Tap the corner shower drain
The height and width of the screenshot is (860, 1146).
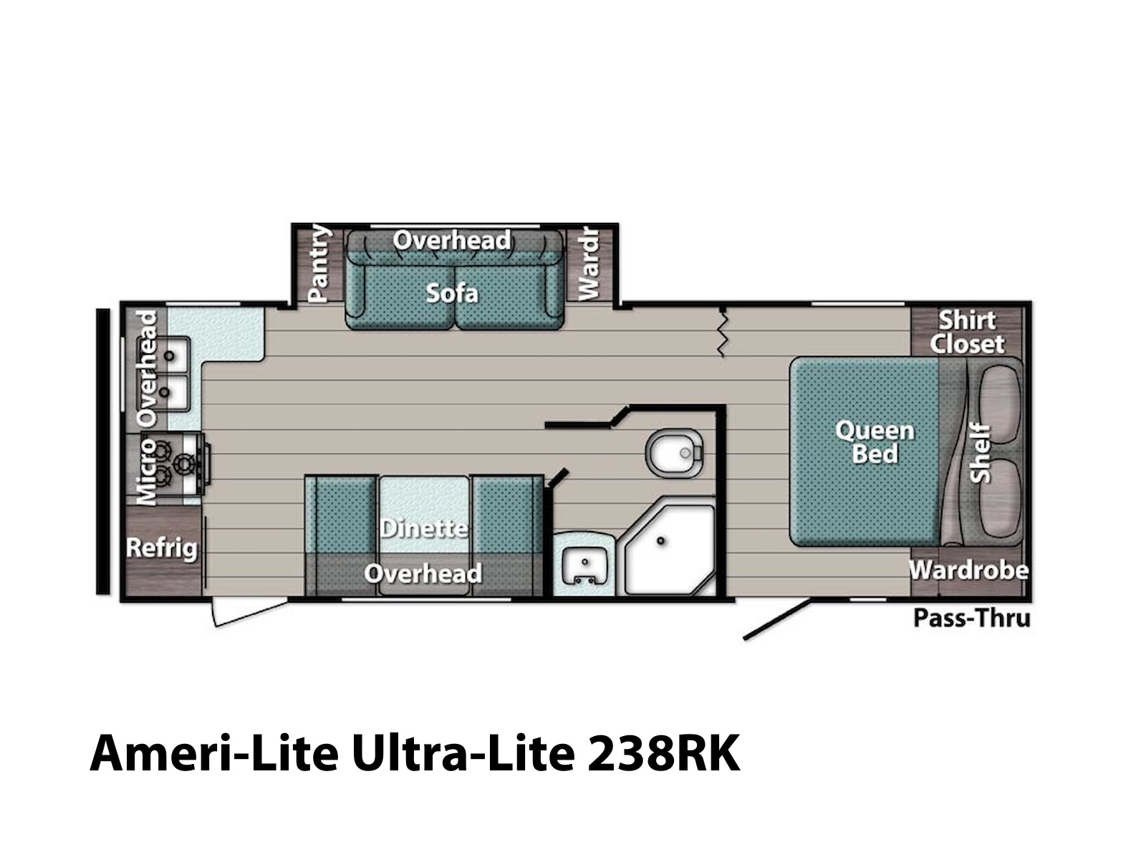tap(661, 540)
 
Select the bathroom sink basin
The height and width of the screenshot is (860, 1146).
tap(584, 565)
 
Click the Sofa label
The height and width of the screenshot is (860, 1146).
tap(452, 293)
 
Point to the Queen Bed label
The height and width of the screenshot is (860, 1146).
tap(875, 441)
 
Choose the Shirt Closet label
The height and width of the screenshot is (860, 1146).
tap(968, 332)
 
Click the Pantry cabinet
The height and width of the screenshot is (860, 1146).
tap(319, 264)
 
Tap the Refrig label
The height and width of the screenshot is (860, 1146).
tap(162, 548)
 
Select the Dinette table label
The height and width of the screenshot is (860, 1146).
tap(424, 528)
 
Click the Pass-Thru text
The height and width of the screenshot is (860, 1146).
tap(972, 618)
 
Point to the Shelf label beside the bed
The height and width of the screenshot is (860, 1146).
tap(980, 453)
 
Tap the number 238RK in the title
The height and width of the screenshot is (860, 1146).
tap(663, 753)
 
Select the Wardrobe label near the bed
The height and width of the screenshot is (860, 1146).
tap(969, 570)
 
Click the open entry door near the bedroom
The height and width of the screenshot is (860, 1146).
tap(777, 621)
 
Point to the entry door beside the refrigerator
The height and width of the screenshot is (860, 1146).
tap(249, 613)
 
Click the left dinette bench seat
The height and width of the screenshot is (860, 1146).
tap(342, 535)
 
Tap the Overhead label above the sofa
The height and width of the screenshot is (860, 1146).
tap(452, 241)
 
